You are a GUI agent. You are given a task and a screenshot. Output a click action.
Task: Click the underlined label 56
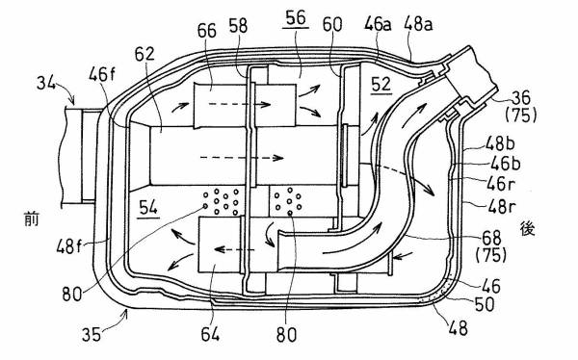pos(296,18)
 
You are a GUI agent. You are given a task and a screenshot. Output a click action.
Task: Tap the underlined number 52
pos(381,85)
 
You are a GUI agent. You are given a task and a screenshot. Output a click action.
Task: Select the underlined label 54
pos(148,208)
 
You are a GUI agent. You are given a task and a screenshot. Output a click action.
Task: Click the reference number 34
pos(45,84)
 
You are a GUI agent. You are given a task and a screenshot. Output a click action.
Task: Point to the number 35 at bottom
pos(92,335)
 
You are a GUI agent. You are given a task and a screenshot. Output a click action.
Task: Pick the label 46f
pos(102,75)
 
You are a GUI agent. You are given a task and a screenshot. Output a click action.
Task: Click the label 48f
pos(69,245)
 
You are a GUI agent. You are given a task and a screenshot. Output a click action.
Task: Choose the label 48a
pos(418,24)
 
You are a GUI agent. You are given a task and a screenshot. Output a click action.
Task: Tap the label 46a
pos(379,24)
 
